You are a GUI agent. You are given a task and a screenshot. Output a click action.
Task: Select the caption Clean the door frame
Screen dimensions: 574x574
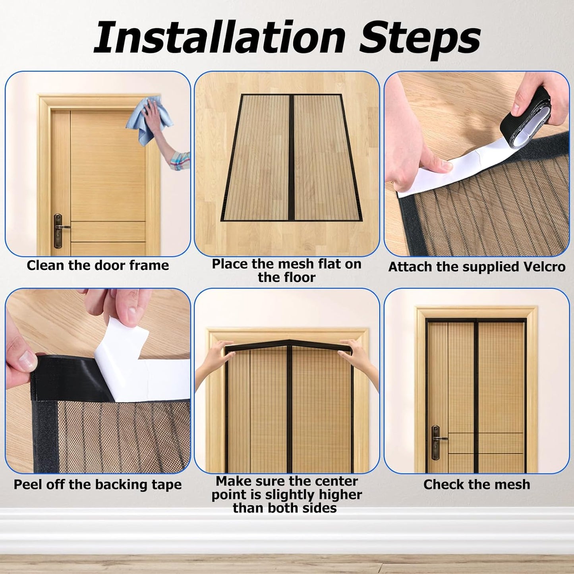98,265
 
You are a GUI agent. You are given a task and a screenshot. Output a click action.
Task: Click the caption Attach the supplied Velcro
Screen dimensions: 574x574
477,267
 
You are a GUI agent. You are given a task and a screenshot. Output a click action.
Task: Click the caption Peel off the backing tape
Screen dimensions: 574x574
98,484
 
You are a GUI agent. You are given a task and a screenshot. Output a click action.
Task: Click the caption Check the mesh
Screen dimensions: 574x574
477,484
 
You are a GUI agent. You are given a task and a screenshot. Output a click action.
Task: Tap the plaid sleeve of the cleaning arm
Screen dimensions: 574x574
180,161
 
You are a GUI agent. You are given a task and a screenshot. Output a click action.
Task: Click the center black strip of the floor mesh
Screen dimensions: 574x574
291,158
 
